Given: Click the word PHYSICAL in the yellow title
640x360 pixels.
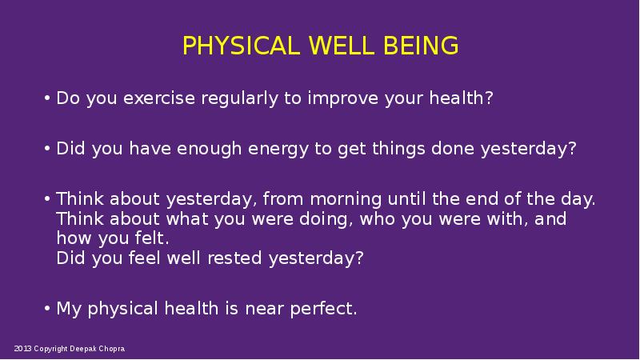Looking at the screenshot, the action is (241, 46).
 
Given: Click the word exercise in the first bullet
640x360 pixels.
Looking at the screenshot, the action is (159, 98).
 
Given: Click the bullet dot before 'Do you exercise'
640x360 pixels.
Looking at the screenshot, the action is (47, 98).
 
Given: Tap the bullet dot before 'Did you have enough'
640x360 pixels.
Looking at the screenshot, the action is (47, 148).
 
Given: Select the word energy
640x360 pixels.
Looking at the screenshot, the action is (278, 150).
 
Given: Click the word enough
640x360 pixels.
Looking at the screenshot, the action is (209, 149).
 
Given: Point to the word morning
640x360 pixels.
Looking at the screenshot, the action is (346, 199).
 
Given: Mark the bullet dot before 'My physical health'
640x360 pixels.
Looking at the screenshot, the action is (47, 308).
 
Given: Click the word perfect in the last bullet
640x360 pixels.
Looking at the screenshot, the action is (323, 309).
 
